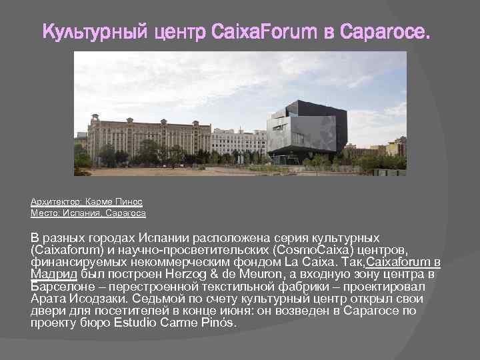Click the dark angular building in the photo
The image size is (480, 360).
point(307,133)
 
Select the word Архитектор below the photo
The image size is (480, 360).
point(53,201)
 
